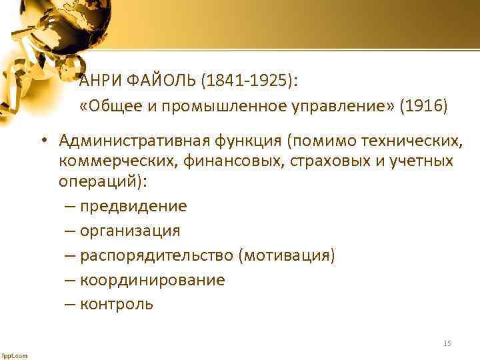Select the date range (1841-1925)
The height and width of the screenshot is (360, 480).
pyautogui.click(x=249, y=81)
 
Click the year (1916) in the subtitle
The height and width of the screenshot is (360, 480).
pyautogui.click(x=424, y=106)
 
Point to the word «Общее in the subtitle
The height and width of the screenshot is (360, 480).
pyautogui.click(x=107, y=106)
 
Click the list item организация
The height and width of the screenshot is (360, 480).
pyautogui.click(x=130, y=231)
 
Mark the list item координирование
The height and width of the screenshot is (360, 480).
pyautogui.click(x=152, y=280)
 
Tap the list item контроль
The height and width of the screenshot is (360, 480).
pyautogui.click(x=117, y=305)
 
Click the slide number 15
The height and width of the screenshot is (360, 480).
pyautogui.click(x=447, y=343)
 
